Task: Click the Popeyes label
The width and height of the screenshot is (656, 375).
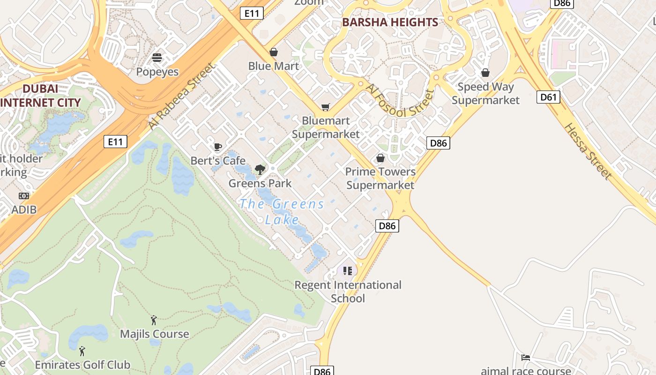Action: pyautogui.click(x=157, y=72)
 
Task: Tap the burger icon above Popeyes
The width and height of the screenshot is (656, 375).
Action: pyautogui.click(x=157, y=58)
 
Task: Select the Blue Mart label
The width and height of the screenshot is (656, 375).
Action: pyautogui.click(x=273, y=66)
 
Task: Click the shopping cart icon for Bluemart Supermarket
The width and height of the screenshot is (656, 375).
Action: pyautogui.click(x=326, y=107)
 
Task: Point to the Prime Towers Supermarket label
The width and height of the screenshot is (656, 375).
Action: pyautogui.click(x=380, y=178)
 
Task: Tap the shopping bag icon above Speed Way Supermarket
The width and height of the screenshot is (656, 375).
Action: pyautogui.click(x=485, y=73)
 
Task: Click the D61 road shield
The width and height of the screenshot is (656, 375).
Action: pyautogui.click(x=548, y=97)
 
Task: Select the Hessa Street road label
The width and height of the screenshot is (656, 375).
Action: pyautogui.click(x=588, y=151)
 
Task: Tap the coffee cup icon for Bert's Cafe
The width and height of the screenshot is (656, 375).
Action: pyautogui.click(x=218, y=147)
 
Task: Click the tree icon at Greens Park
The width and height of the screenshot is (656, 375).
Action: pyautogui.click(x=260, y=170)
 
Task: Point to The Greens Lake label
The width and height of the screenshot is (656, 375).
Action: pyautogui.click(x=282, y=211)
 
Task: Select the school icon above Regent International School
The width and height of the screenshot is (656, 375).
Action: pyautogui.click(x=347, y=271)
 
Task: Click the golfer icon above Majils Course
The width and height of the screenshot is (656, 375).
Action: pyautogui.click(x=154, y=320)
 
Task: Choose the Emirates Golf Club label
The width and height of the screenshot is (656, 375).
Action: pyautogui.click(x=82, y=364)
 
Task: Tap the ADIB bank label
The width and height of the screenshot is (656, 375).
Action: pyautogui.click(x=24, y=210)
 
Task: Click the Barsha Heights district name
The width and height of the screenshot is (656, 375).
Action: pyautogui.click(x=390, y=22)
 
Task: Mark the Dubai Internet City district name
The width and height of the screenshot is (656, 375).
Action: pyautogui.click(x=40, y=95)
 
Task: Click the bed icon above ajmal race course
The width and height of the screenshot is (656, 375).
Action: pyautogui.click(x=526, y=358)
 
